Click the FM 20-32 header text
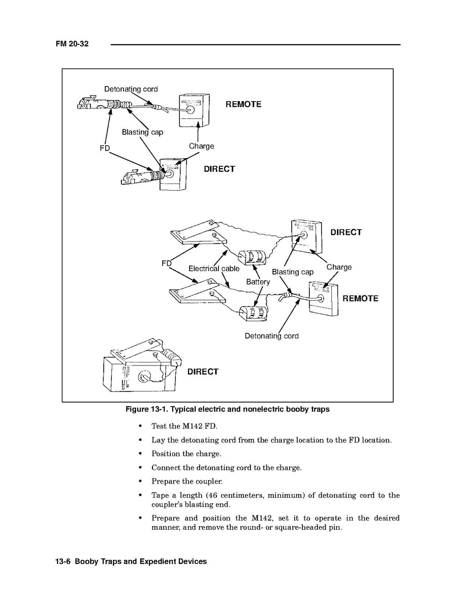tap(72, 44)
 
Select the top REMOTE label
tap(243, 104)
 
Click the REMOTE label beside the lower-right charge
tap(360, 298)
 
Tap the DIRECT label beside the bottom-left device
tap(203, 372)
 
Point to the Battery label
tap(258, 281)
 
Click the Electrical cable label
tap(213, 268)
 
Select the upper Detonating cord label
tap(131, 89)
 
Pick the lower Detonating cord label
tap(271, 336)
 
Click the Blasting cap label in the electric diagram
tap(293, 272)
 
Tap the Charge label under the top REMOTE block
tap(201, 146)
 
